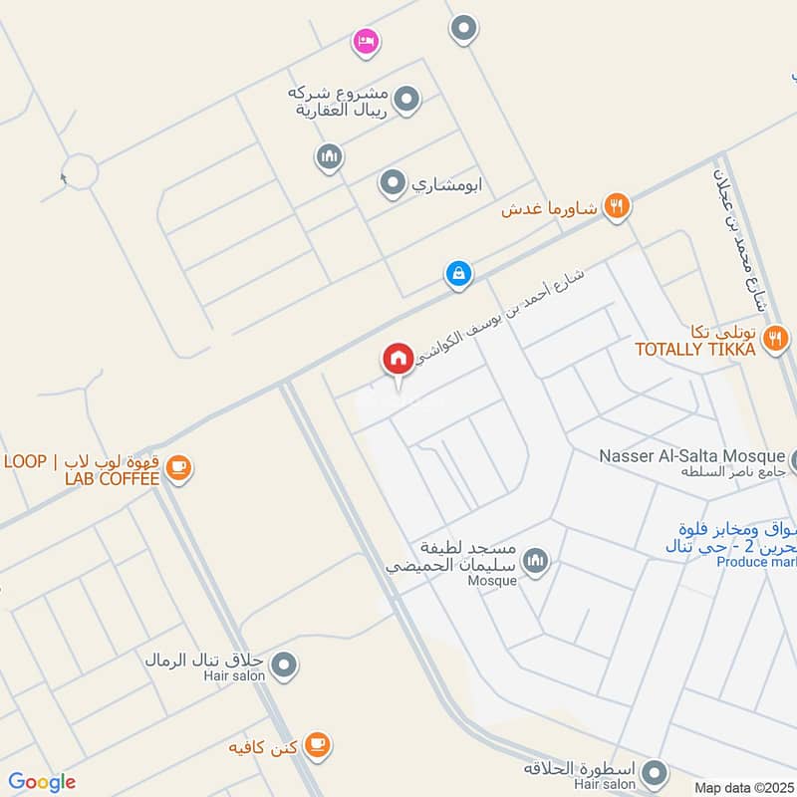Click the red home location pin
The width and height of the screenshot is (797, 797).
(398, 359)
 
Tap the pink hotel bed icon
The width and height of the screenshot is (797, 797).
(366, 42)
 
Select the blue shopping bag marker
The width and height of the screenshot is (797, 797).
(458, 273)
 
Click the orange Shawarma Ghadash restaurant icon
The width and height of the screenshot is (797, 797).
(617, 206)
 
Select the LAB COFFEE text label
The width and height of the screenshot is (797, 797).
(112, 479)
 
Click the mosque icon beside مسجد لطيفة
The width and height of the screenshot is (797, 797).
(536, 562)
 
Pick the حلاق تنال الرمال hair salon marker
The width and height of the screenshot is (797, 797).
(285, 663)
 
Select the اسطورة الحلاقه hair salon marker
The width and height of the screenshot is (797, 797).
(655, 772)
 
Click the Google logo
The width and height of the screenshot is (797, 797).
(42, 782)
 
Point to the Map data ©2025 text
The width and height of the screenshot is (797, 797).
(742, 787)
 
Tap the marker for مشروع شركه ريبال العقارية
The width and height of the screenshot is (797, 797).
(405, 100)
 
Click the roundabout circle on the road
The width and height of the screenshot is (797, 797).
(79, 171)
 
